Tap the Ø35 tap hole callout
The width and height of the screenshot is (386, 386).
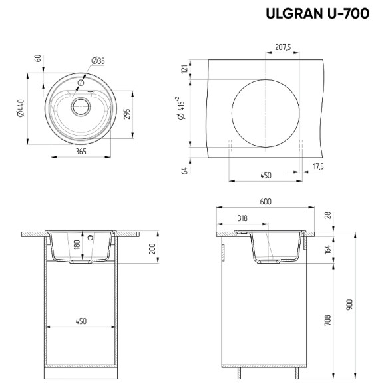point(98,61)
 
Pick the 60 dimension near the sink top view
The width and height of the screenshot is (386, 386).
point(38,58)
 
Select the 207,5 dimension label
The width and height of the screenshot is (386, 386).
point(283,47)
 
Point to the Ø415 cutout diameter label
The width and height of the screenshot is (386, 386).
point(181,110)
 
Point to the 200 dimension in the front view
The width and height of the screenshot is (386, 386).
point(152,249)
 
